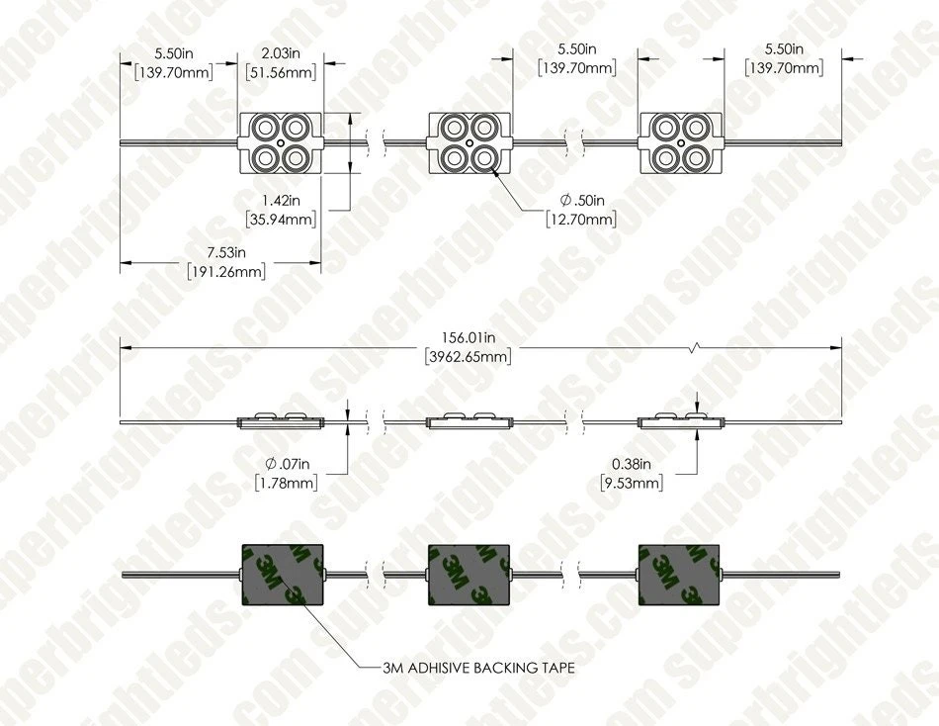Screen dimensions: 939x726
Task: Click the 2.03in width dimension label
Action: coord(281,53)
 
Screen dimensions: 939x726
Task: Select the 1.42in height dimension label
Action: coord(281,200)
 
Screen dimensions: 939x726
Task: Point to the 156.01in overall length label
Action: coord(469,337)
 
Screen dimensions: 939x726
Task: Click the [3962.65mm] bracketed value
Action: coord(469,357)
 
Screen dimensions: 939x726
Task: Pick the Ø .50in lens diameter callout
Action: coord(582,200)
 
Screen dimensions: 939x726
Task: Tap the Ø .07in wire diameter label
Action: coord(287,464)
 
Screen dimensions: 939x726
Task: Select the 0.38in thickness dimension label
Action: coord(632,464)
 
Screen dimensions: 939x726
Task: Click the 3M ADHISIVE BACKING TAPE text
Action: coord(478,668)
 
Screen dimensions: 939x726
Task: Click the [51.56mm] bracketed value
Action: coord(281,72)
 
